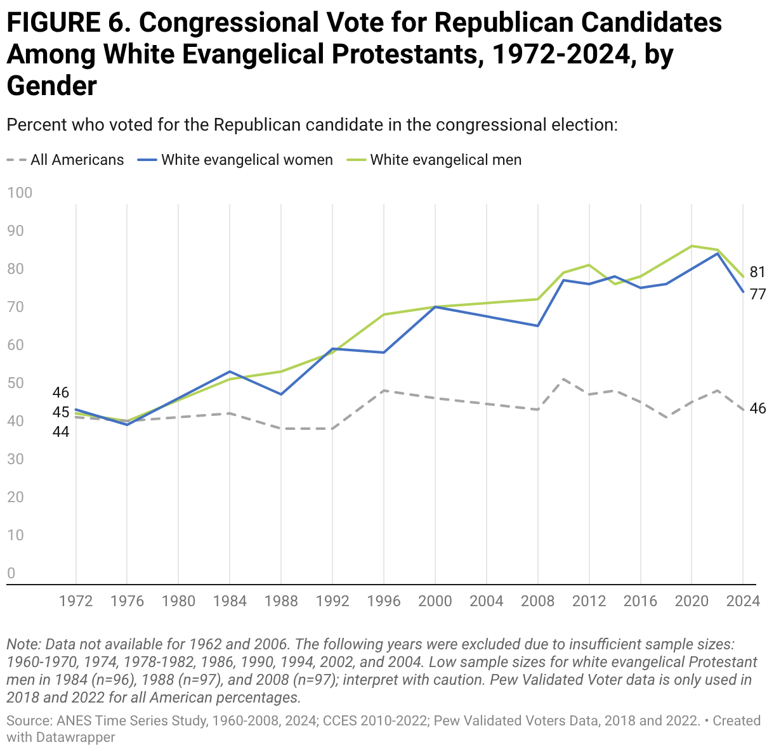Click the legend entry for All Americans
pyautogui.click(x=65, y=160)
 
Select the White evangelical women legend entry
pyautogui.click(x=235, y=160)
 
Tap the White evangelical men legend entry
pyautogui.click(x=434, y=160)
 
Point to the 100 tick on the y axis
pyautogui.click(x=20, y=193)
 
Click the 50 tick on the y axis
pyautogui.click(x=15, y=383)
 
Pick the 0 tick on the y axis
pyautogui.click(x=11, y=573)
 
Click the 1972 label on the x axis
pyautogui.click(x=75, y=601)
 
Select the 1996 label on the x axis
pyautogui.click(x=384, y=601)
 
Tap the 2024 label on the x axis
pyautogui.click(x=743, y=601)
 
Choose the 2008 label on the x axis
pyautogui.click(x=538, y=601)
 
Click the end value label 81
pyautogui.click(x=758, y=272)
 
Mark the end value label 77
pyautogui.click(x=758, y=294)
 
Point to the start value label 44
pyautogui.click(x=61, y=432)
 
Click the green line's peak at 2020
pyautogui.click(x=692, y=246)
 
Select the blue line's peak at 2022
pyautogui.click(x=718, y=254)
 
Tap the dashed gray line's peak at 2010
pyautogui.click(x=563, y=379)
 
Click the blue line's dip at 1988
pyautogui.click(x=281, y=394)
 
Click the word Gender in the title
pyautogui.click(x=52, y=86)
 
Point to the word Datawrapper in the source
pyautogui.click(x=75, y=737)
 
